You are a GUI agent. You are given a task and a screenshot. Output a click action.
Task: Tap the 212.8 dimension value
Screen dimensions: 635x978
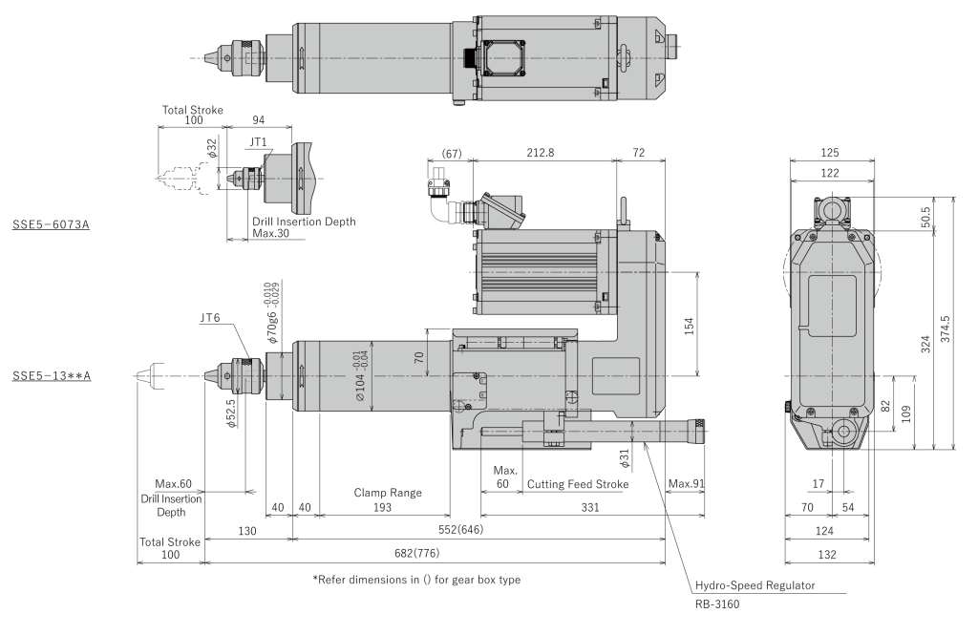[543, 151]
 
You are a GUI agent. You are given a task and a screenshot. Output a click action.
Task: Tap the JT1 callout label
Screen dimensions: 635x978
[258, 140]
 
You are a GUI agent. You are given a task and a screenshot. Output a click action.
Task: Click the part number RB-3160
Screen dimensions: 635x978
[717, 603]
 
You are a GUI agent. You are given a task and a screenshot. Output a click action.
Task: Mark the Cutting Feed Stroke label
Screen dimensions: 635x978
[578, 484]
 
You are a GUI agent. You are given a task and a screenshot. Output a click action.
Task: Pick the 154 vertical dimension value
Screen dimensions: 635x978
[690, 325]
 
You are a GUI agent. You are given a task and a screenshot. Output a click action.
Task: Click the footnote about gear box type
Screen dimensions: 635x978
[416, 581]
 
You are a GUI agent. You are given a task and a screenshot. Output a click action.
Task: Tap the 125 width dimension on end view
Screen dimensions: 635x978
[830, 151]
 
